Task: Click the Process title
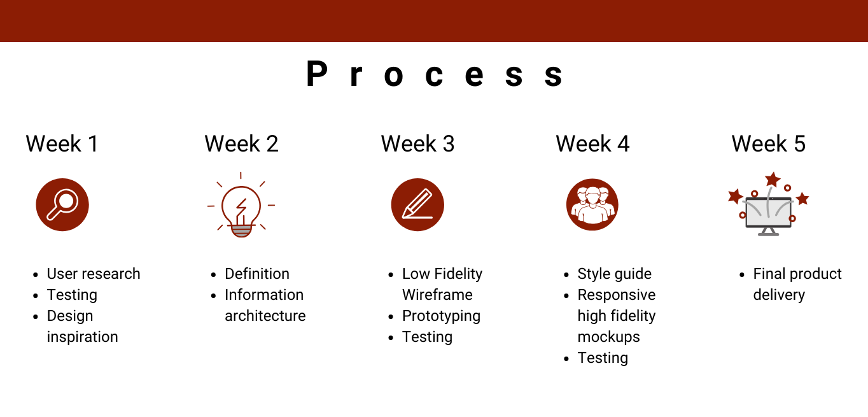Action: point(434,74)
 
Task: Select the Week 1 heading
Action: point(62,144)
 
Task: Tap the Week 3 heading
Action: point(417,144)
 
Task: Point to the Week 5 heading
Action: point(769,144)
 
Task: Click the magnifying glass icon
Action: point(62,204)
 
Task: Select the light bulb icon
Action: point(241,204)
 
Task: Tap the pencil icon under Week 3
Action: point(417,204)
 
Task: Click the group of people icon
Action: point(592,204)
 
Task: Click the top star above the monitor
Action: point(773,180)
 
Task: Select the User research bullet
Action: point(94,274)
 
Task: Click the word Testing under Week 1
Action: point(72,295)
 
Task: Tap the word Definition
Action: point(257,274)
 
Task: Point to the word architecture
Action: point(265,316)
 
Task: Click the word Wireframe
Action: point(437,295)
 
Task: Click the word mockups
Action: point(608,337)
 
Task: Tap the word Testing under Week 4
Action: point(603,358)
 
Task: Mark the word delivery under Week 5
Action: point(779,295)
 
